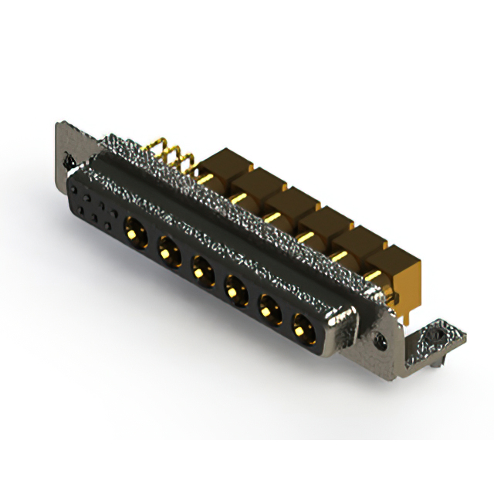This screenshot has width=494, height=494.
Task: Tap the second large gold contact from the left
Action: (x=167, y=249)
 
